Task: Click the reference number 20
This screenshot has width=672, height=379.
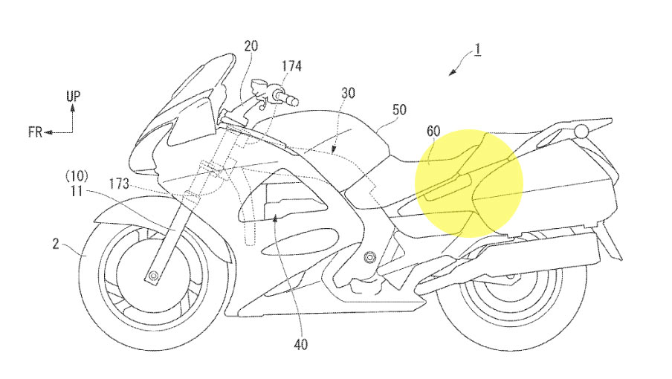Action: click(x=251, y=45)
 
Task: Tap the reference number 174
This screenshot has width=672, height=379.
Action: click(x=291, y=65)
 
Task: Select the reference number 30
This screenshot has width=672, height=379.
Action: click(x=348, y=93)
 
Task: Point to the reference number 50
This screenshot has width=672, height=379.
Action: click(x=399, y=109)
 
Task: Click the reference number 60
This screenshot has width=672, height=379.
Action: click(x=433, y=131)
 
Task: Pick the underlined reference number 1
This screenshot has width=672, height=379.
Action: click(x=477, y=50)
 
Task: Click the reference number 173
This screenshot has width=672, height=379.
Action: click(x=119, y=184)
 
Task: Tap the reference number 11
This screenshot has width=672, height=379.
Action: click(x=77, y=190)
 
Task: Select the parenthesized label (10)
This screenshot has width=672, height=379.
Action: click(x=77, y=175)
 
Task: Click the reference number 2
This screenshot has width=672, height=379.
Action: click(x=56, y=244)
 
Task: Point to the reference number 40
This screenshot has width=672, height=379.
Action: click(x=301, y=344)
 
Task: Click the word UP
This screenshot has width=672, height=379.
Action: click(x=74, y=96)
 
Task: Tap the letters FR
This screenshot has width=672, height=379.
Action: click(x=35, y=132)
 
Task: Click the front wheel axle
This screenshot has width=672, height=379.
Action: click(x=152, y=274)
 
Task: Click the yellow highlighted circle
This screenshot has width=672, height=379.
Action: click(x=469, y=184)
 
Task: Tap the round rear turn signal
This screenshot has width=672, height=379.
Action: click(x=581, y=131)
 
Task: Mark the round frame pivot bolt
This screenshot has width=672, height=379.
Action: click(x=368, y=257)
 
